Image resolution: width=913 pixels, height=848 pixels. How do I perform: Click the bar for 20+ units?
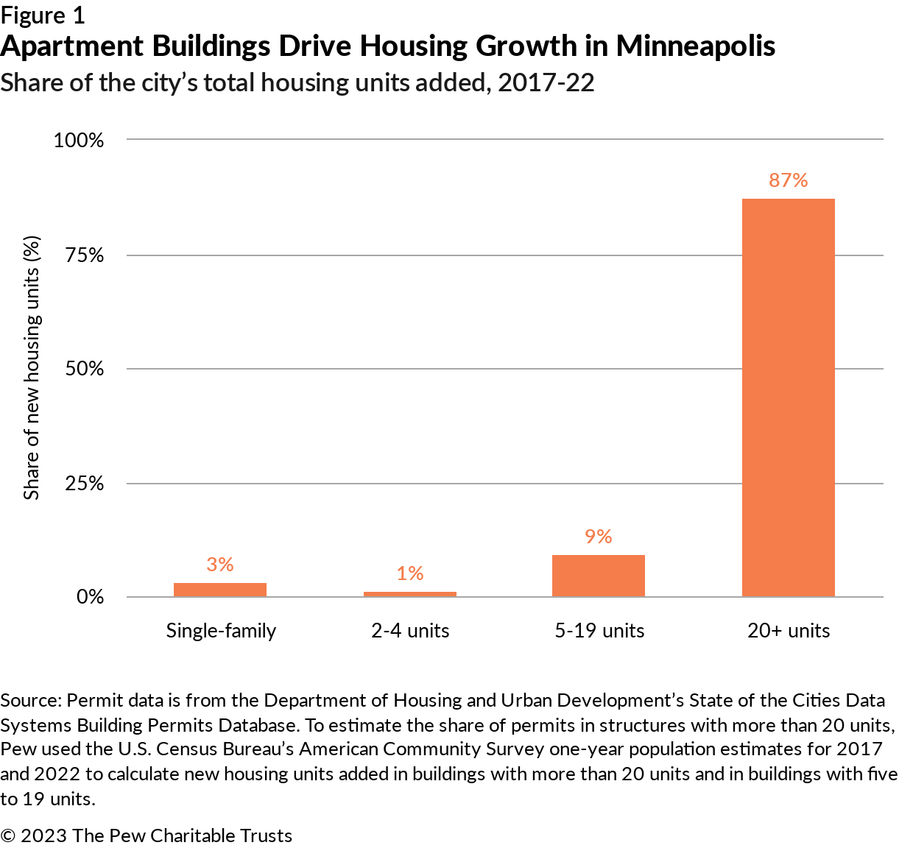(788, 397)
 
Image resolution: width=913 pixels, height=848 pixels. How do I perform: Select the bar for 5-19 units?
(598, 576)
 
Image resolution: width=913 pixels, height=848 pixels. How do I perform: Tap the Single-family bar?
(219, 590)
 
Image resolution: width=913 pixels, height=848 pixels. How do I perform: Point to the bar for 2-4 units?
(409, 594)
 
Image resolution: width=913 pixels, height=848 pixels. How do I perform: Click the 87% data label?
(788, 180)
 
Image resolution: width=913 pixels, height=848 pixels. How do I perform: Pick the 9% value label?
(598, 537)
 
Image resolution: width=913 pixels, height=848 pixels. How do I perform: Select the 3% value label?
(219, 565)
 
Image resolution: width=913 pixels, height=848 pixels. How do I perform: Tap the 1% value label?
(409, 573)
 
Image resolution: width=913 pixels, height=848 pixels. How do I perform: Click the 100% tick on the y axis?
(79, 140)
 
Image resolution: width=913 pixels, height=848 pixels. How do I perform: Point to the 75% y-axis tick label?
(85, 255)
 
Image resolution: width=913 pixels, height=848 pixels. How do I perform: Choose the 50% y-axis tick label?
(85, 369)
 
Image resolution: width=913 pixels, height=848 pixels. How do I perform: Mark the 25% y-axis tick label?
(85, 484)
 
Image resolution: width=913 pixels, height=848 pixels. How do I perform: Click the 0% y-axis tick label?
(90, 597)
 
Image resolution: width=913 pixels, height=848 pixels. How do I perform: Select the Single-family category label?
(221, 631)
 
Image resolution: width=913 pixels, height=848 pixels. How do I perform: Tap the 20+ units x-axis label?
(789, 631)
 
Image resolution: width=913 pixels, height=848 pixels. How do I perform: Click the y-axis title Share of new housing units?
(32, 368)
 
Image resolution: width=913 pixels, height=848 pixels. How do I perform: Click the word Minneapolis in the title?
(695, 46)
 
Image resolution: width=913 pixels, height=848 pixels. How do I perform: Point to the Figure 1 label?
(43, 15)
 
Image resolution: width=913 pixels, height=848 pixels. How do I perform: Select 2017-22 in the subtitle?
(546, 82)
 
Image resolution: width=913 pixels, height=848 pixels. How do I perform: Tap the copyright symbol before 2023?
(8, 836)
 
